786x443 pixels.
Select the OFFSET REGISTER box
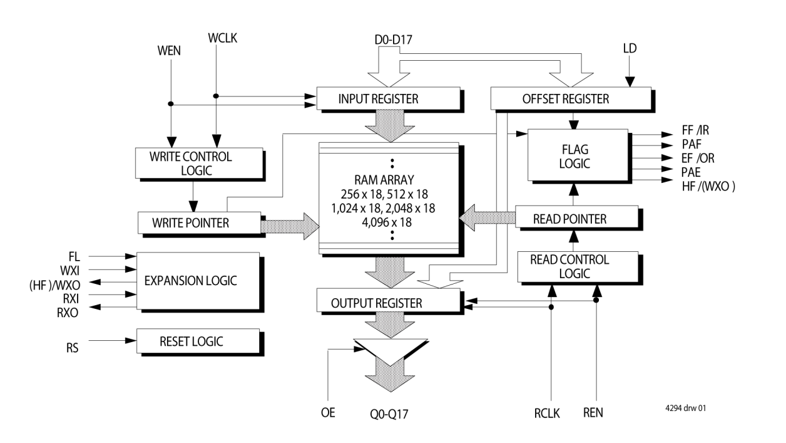pos(571,99)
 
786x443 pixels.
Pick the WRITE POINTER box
pos(199,222)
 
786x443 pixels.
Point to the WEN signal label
pos(168,51)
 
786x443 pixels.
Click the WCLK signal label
pos(222,39)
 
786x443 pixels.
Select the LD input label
pos(630,48)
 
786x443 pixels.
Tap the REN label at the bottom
pos(593,413)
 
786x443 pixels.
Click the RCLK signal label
pos(547,413)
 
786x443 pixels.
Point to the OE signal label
pos(329,413)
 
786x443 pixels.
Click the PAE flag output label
pos(692,169)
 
